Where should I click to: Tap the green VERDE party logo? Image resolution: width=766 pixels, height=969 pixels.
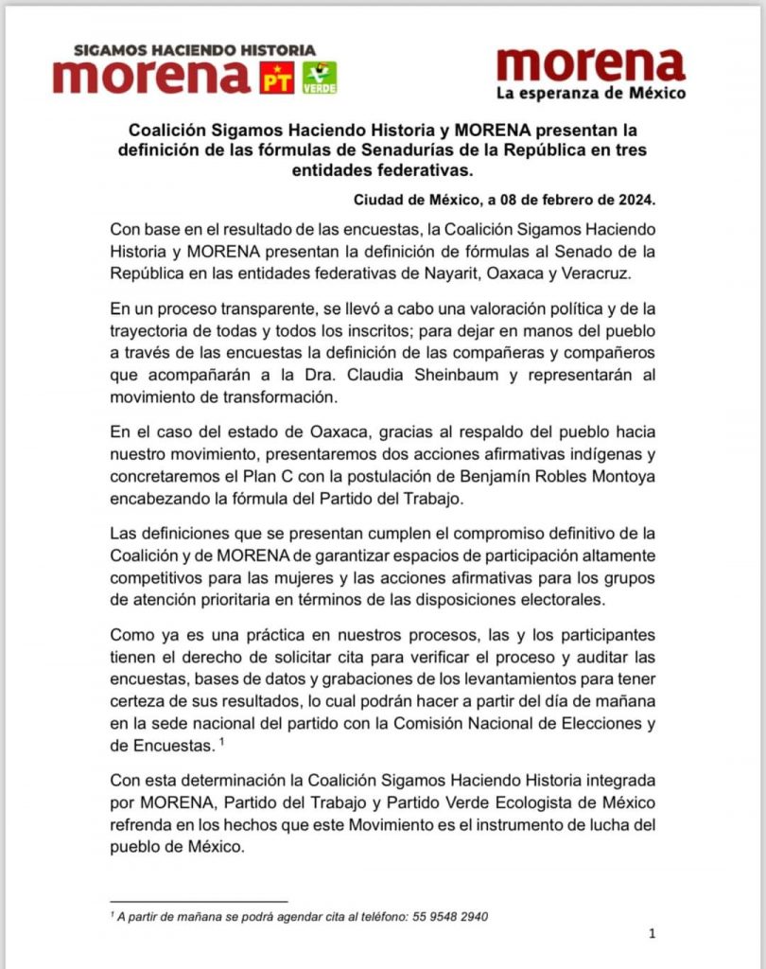319,78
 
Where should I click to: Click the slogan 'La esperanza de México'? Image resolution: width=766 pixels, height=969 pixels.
591,93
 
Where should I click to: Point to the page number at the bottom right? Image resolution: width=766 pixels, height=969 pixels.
653,935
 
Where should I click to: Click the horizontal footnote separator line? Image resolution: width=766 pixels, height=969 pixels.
199,901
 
